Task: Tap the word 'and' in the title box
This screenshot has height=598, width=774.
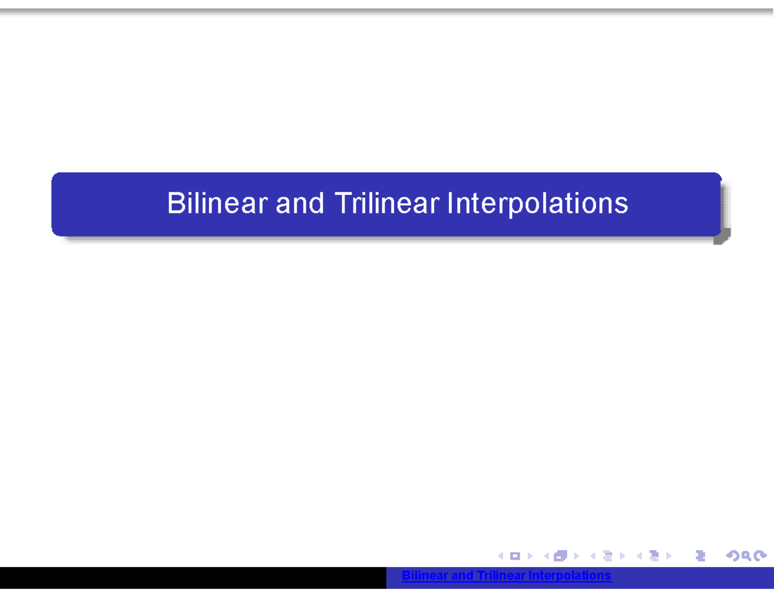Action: [x=300, y=204]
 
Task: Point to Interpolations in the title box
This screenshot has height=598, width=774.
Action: [x=537, y=204]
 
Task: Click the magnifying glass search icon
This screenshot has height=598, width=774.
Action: [x=746, y=555]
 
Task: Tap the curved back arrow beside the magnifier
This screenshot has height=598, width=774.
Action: [x=733, y=555]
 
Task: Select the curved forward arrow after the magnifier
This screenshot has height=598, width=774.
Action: [x=760, y=555]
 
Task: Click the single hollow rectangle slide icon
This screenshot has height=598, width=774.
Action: [x=515, y=555]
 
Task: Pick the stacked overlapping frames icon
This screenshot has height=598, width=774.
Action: [x=560, y=555]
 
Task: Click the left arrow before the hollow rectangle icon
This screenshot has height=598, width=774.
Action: [x=501, y=555]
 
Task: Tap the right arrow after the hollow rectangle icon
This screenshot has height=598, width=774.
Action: [x=530, y=555]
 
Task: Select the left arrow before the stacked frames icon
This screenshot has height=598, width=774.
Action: [x=547, y=555]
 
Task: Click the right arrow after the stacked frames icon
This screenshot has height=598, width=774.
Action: [x=576, y=555]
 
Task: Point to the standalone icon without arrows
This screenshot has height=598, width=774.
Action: [x=701, y=555]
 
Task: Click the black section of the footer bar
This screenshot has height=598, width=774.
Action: [x=193, y=578]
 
